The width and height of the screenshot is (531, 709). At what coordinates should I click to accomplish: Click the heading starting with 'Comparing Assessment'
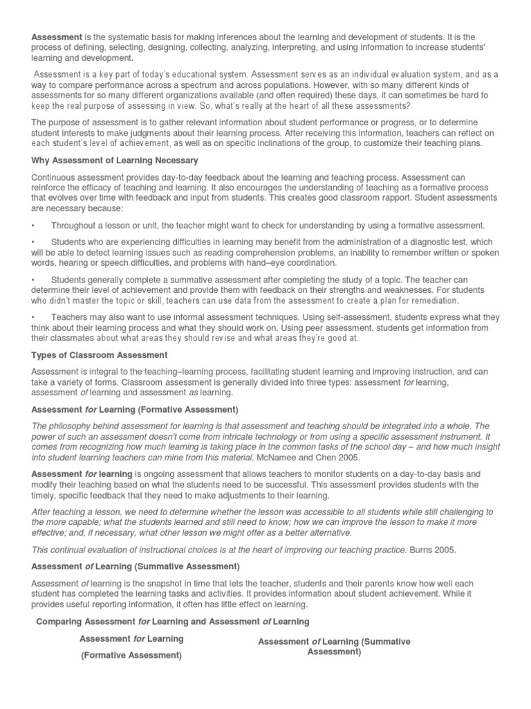pos(172,621)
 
